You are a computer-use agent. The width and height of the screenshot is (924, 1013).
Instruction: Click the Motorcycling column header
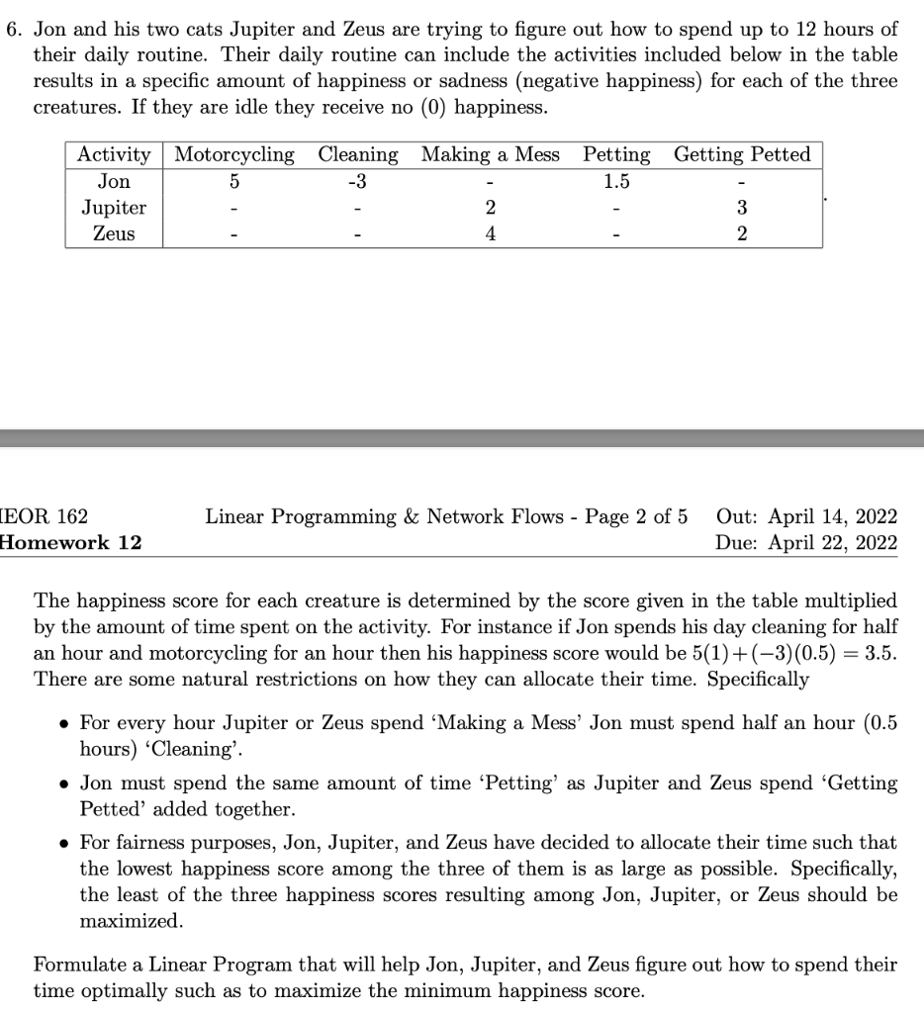234,155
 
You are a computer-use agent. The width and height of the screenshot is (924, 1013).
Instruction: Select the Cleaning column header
358,155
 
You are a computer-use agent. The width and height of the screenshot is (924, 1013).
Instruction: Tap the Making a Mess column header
490,155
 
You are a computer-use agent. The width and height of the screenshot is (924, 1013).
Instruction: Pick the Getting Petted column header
742,155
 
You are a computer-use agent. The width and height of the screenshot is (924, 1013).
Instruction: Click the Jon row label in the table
114,182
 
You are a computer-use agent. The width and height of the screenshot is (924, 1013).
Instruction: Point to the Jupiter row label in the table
114,208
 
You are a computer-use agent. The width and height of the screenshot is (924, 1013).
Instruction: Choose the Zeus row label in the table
114,234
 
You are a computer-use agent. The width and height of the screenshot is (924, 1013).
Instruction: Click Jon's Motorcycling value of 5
234,182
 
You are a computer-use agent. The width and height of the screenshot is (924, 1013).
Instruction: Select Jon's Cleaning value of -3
358,182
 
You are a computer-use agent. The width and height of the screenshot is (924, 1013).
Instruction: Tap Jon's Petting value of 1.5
616,182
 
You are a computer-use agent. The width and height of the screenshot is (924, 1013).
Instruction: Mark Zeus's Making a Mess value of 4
491,234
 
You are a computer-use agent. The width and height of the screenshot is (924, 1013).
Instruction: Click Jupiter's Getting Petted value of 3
742,208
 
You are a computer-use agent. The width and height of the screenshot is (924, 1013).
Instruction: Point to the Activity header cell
114,155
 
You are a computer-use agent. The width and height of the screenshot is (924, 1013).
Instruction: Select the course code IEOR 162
46,516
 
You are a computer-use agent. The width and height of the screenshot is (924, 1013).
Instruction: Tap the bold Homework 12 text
71,542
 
